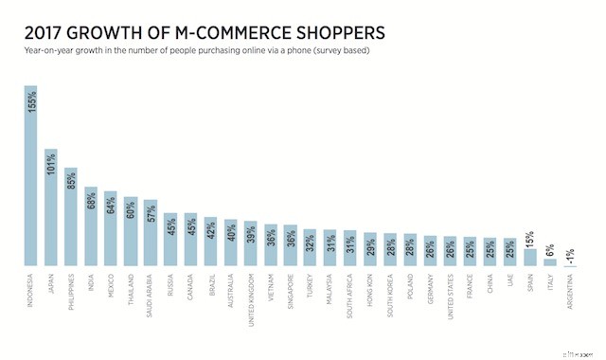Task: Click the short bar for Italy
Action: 549,263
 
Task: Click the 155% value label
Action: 31,101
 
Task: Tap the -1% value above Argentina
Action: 569,254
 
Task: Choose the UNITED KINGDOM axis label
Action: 250,297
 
